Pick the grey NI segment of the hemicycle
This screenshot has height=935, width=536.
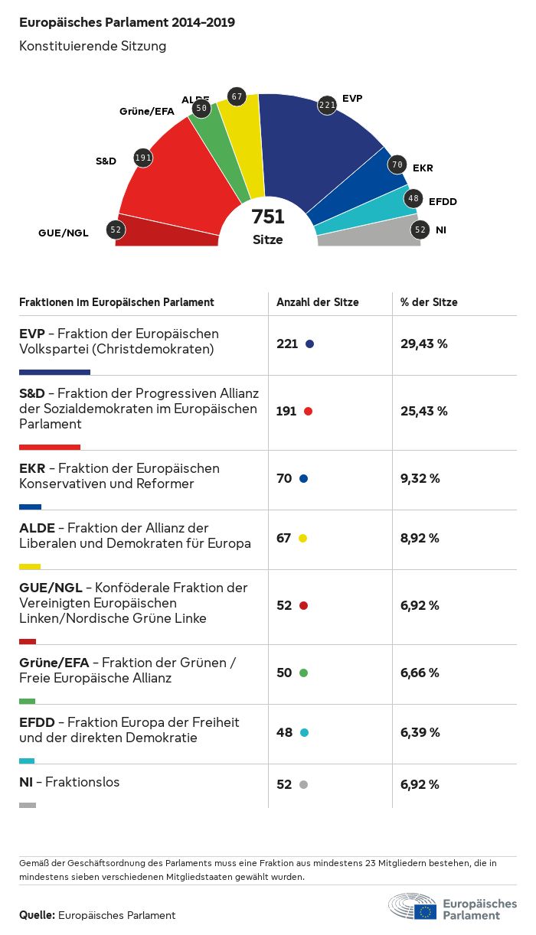click(x=368, y=233)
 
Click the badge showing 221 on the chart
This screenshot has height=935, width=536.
click(x=328, y=105)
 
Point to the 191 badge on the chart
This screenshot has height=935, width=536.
click(x=143, y=158)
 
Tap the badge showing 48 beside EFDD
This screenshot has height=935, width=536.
click(x=413, y=199)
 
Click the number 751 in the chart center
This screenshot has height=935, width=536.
click(x=268, y=217)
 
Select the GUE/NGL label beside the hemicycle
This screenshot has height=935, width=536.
click(x=64, y=233)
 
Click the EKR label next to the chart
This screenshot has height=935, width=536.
click(x=423, y=168)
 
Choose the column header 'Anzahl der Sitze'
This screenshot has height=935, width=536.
click(x=318, y=302)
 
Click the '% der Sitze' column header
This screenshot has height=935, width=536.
click(x=429, y=302)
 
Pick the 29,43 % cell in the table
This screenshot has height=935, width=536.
click(x=424, y=344)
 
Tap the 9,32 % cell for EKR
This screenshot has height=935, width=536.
click(x=420, y=479)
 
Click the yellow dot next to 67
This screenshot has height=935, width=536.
click(x=302, y=539)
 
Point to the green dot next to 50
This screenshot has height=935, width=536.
click(x=303, y=673)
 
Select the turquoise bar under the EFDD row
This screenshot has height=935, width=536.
click(x=27, y=761)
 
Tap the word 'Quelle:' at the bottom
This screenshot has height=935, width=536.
click(x=37, y=915)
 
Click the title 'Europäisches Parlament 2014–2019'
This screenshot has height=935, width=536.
click(x=127, y=22)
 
